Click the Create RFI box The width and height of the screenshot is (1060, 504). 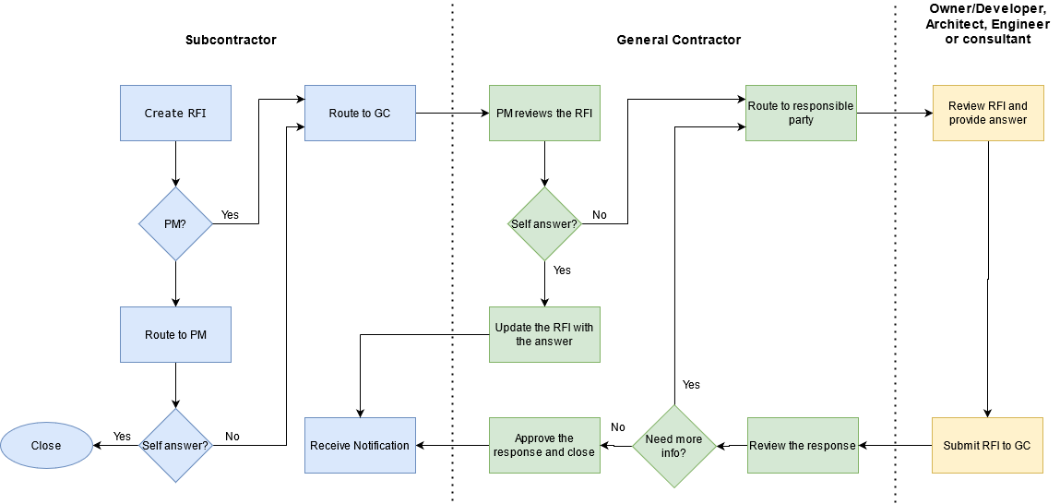[175, 114]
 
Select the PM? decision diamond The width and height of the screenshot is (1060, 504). [175, 224]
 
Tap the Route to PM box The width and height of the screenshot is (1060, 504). [175, 334]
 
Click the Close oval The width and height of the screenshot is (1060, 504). [46, 445]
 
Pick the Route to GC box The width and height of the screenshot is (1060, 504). [360, 114]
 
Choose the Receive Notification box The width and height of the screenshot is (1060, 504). [360, 445]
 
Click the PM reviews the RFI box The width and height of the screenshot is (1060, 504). [544, 114]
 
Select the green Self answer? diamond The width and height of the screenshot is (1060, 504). [544, 224]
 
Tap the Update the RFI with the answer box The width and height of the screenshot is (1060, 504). [544, 334]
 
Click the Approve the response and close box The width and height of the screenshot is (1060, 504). [544, 445]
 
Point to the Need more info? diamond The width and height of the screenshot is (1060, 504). [673, 446]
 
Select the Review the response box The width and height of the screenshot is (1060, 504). [802, 445]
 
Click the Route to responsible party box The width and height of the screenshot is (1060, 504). [801, 114]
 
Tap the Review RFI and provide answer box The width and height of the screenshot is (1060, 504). [988, 114]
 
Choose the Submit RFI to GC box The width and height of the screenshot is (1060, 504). [987, 445]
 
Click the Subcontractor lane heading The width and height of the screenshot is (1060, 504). [231, 40]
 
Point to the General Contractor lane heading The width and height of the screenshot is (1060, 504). [678, 40]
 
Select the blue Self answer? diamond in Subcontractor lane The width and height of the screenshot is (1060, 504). [175, 446]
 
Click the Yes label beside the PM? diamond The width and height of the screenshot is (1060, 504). [230, 215]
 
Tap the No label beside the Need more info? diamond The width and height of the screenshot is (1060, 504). [618, 427]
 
